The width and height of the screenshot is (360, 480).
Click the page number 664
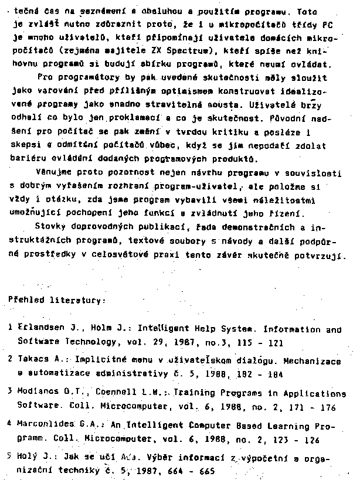pos(175,470)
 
